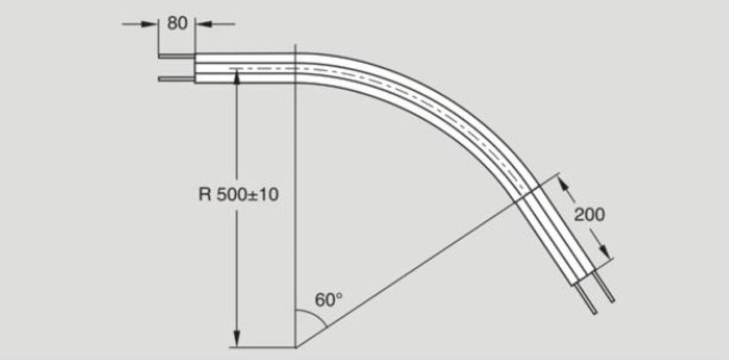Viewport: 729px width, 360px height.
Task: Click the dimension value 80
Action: click(177, 24)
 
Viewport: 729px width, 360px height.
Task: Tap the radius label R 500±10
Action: click(238, 195)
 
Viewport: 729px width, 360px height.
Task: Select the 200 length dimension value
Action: click(589, 214)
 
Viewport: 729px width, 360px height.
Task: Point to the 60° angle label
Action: click(328, 300)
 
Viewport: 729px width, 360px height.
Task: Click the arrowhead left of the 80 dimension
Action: click(150, 24)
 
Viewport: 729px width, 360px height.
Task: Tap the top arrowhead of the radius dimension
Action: click(238, 76)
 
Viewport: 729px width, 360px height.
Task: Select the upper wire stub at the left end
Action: click(176, 57)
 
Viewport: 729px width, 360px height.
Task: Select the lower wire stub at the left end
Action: click(176, 79)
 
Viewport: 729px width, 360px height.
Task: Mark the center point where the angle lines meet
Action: click(296, 347)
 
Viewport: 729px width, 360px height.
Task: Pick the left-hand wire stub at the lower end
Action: click(589, 302)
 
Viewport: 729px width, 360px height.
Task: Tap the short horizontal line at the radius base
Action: click(264, 347)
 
